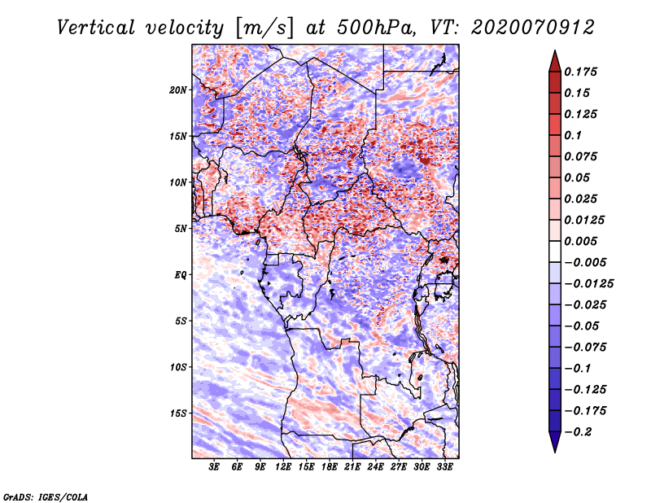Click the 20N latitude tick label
coord(178,90)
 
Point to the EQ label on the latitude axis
coord(181,275)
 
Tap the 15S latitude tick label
coord(178,413)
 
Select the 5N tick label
coord(181,229)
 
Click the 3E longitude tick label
coord(214,467)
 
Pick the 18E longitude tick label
coord(329,467)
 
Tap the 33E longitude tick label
coord(444,467)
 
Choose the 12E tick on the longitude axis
coord(282,467)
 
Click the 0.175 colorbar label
coord(581,72)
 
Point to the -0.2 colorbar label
coord(578,432)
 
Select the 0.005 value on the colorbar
coord(581,241)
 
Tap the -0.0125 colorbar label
coord(588,284)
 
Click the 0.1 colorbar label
coord(573,135)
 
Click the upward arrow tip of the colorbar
coord(555,51)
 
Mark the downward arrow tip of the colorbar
coord(555,452)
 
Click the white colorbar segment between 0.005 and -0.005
coord(555,251)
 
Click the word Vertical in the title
coord(96,28)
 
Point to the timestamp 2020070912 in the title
coord(533,28)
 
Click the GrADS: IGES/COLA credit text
coord(46,497)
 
